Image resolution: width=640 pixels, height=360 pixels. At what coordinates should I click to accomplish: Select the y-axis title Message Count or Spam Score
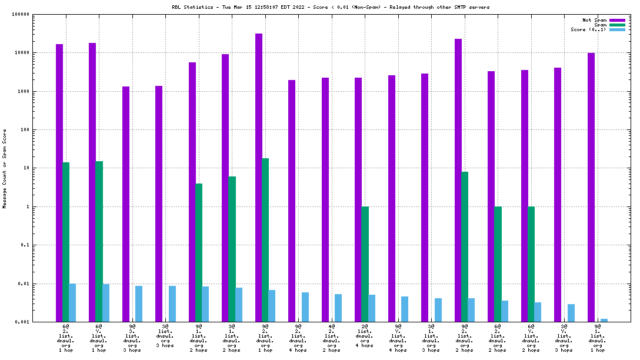[x=5, y=169]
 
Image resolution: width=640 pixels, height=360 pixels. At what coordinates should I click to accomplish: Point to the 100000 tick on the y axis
[x=21, y=14]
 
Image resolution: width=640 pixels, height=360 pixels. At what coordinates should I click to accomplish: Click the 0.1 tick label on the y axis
[x=24, y=245]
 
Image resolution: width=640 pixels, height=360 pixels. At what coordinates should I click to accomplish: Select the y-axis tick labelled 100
[x=24, y=129]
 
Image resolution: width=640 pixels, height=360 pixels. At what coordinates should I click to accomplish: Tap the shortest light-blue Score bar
[x=604, y=320]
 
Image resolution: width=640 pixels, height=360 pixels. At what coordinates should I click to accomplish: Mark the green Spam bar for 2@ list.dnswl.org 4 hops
[x=365, y=264]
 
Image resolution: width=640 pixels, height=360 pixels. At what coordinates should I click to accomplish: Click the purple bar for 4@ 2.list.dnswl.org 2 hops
[x=325, y=199]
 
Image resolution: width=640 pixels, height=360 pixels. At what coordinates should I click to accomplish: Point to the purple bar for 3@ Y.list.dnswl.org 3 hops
[x=558, y=195]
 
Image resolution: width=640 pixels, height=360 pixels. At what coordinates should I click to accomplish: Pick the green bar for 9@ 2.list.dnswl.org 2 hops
[x=465, y=246]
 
